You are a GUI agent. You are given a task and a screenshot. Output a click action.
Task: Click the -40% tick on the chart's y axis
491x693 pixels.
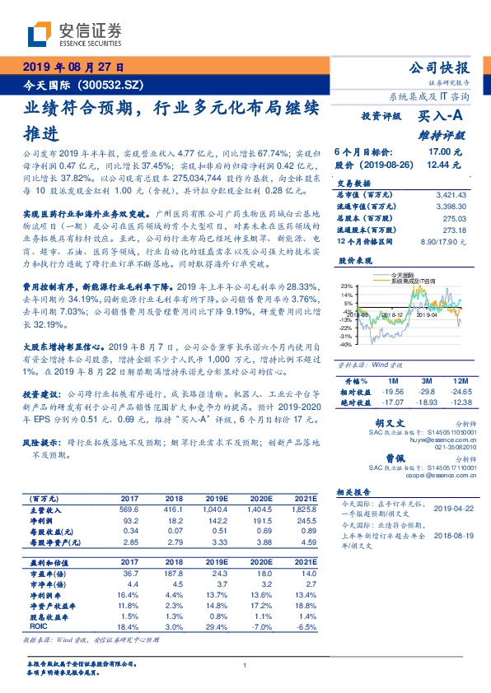(x=344, y=346)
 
